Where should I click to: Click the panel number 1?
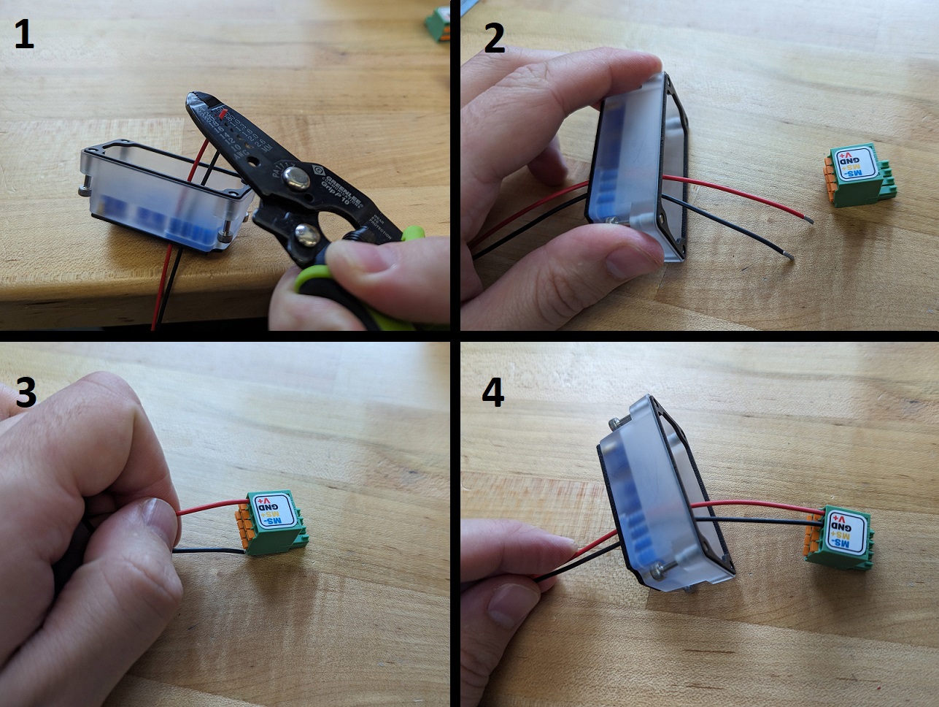[x=24, y=35]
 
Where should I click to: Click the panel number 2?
[x=494, y=38]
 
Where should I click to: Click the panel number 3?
[x=26, y=392]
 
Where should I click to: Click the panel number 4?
[x=493, y=393]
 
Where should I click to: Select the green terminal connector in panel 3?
[x=268, y=523]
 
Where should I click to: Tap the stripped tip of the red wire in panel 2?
[x=808, y=217]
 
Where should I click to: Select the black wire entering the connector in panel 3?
[x=212, y=552]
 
